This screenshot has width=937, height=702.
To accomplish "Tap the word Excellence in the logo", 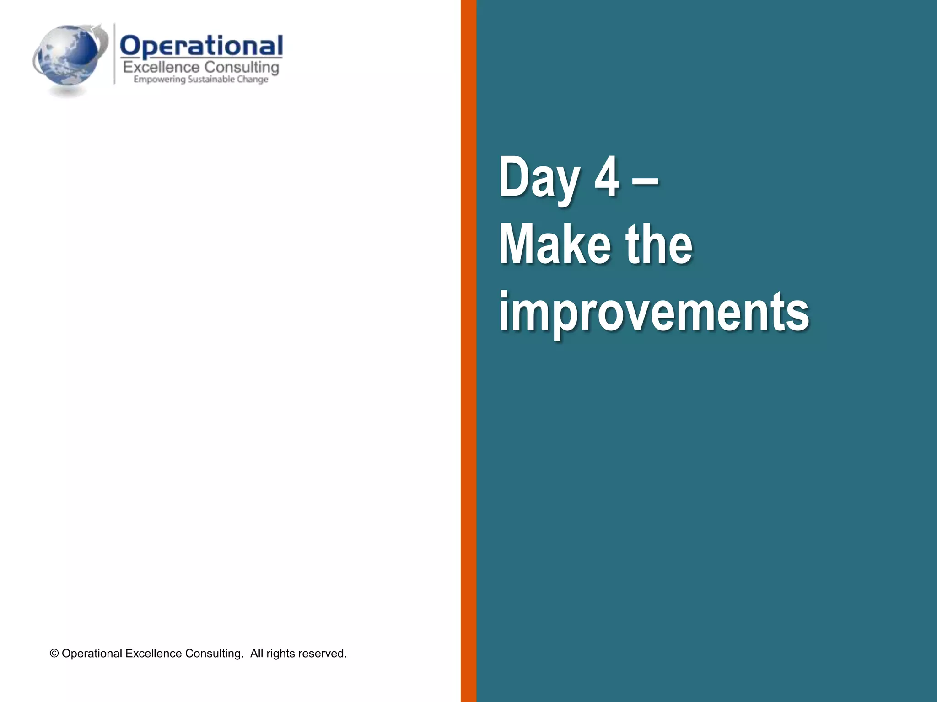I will pyautogui.click(x=161, y=68).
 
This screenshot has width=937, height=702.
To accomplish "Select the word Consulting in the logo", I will pyautogui.click(x=242, y=68).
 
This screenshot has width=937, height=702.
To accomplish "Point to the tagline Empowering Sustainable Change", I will pyautogui.click(x=200, y=80).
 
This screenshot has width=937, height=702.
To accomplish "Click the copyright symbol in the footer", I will pyautogui.click(x=54, y=654).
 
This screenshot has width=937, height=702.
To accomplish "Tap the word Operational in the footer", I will pyautogui.click(x=92, y=654).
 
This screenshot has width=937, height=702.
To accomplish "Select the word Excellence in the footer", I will pyautogui.click(x=153, y=654).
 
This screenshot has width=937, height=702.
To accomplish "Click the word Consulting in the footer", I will pyautogui.click(x=214, y=654).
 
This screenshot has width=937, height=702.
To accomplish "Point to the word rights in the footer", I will pyautogui.click(x=280, y=654).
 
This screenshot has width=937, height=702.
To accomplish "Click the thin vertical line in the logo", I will pyautogui.click(x=114, y=54).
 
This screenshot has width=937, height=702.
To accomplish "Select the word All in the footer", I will pyautogui.click(x=257, y=654).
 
